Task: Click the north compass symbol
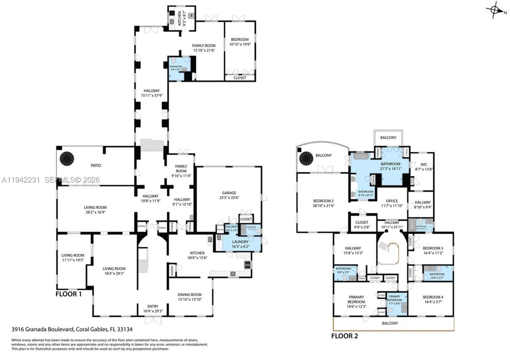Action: pos(495,9)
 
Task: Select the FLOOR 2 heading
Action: pos(344,335)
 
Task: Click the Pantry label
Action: pos(172,270)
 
